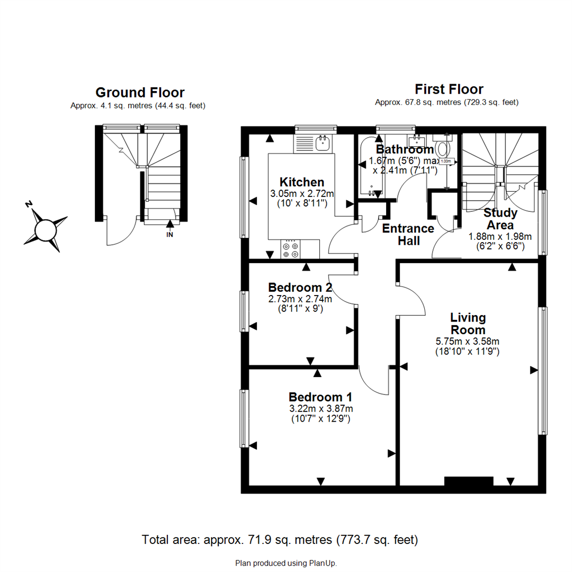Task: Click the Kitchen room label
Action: coord(302,182)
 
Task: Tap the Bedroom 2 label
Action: coord(300,288)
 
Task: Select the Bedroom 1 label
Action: coord(320,397)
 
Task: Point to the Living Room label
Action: coord(468,324)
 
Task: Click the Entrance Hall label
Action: coord(408,235)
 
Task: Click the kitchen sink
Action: coord(322,142)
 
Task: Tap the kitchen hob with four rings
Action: coord(290,249)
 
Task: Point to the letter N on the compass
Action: coord(30,204)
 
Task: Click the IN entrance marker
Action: coord(169,235)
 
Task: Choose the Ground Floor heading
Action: coord(140,93)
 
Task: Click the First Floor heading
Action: coord(449,88)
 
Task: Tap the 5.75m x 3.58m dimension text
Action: coord(468,341)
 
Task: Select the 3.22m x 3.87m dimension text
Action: coord(320,408)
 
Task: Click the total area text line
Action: coord(280,540)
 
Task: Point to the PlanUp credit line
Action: coord(286,563)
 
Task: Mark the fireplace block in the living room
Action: coord(468,481)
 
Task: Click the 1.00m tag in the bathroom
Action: coord(446,161)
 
